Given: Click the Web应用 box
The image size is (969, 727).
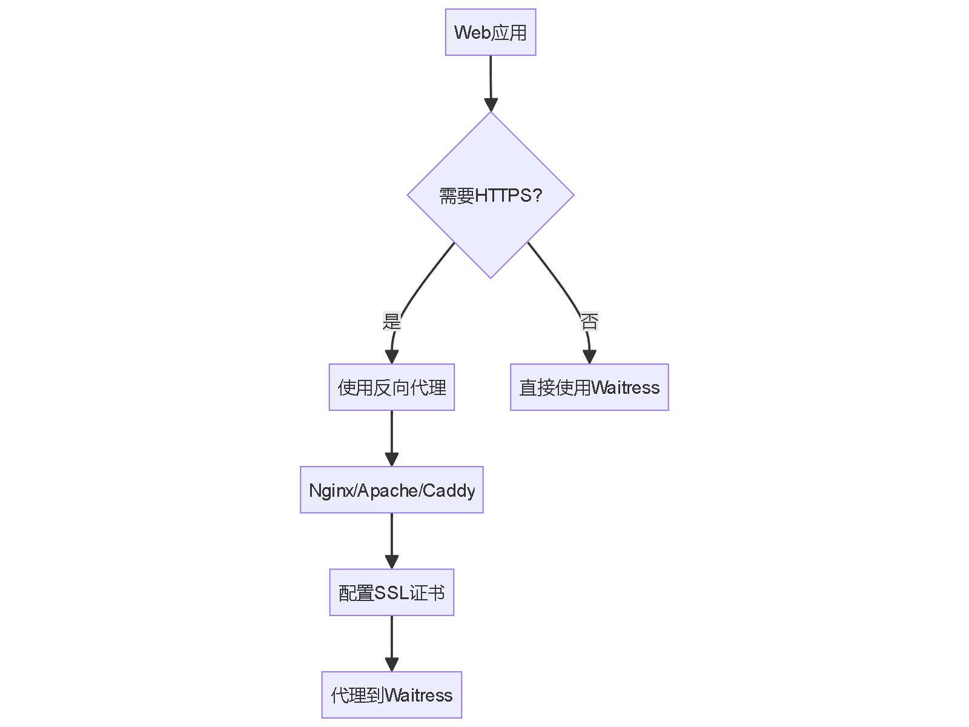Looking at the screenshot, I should click(491, 32).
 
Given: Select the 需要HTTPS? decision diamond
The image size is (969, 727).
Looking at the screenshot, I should click(491, 195).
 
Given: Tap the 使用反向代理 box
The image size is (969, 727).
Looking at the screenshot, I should click(392, 387).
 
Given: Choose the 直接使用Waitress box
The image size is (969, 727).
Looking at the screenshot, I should click(589, 387).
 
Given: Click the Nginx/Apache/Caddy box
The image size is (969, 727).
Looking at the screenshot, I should click(392, 490).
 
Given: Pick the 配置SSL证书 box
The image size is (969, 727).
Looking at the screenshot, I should click(392, 592).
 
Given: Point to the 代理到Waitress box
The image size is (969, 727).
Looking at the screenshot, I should click(392, 694).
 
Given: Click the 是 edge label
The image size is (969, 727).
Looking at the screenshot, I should click(392, 321).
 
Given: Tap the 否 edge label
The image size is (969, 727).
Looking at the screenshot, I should click(589, 321).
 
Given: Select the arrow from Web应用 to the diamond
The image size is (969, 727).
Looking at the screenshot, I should click(491, 79).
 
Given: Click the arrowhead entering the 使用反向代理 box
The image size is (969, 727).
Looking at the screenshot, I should click(392, 357).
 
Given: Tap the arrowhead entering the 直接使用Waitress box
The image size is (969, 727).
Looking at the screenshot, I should click(589, 357).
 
